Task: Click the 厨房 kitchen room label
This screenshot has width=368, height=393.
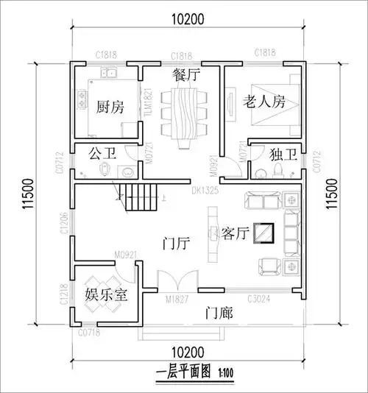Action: (x=110, y=107)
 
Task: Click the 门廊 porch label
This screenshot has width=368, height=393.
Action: (x=219, y=314)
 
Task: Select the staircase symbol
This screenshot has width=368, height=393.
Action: (x=135, y=197)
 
